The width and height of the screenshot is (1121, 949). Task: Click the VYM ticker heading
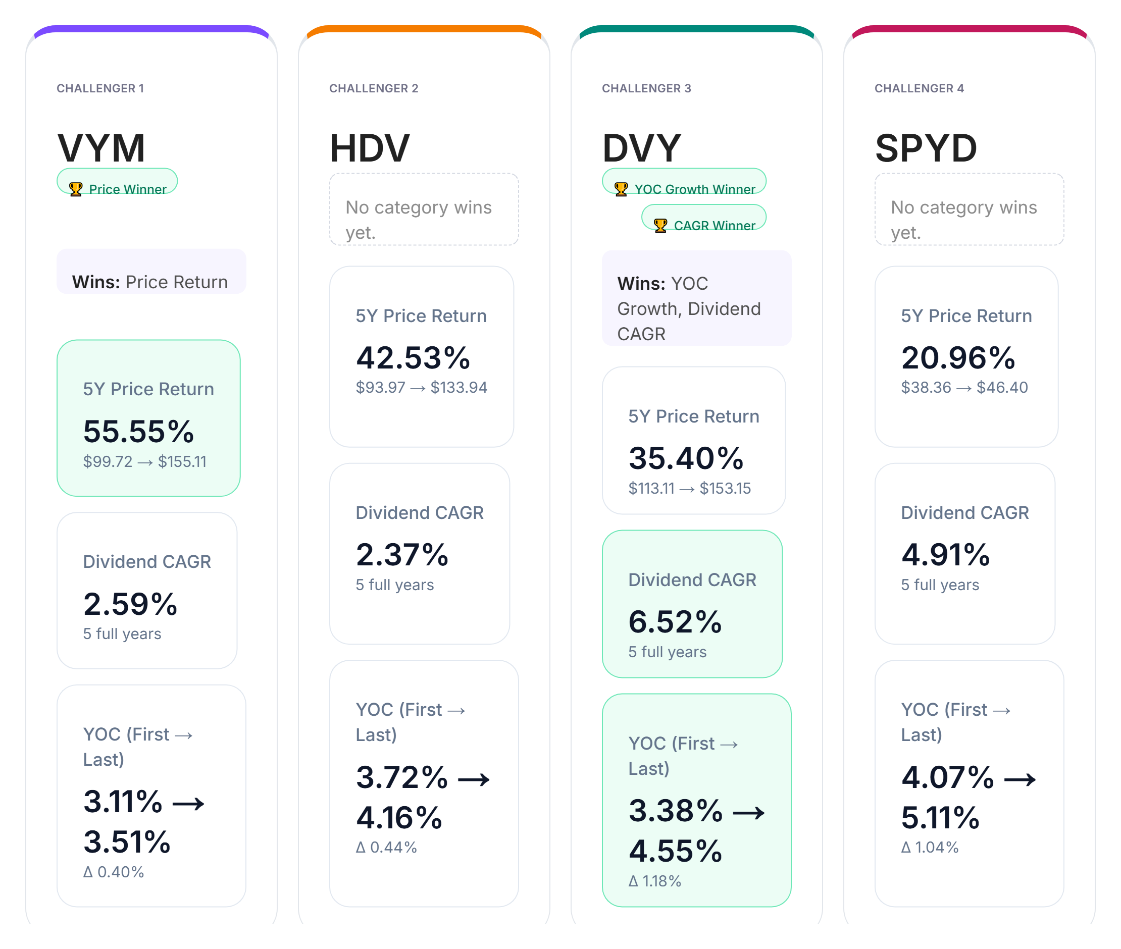[101, 148]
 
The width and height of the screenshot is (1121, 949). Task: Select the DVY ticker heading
[641, 148]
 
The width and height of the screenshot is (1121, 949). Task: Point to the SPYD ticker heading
[926, 148]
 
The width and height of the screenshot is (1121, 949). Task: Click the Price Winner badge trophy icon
[75, 189]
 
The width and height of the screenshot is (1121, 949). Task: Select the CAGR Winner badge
[703, 218]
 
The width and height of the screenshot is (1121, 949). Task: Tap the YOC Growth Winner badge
[684, 181]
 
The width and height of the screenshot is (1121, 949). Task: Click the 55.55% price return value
[138, 432]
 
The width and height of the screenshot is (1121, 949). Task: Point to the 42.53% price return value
[413, 358]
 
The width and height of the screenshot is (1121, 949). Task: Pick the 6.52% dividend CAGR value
[675, 622]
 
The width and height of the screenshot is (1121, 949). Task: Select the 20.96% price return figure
[958, 358]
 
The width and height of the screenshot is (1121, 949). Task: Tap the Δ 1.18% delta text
[655, 881]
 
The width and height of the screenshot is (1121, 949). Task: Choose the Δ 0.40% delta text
[114, 872]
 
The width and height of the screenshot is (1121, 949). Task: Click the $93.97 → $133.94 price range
[421, 387]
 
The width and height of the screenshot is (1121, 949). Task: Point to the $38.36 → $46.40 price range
[964, 387]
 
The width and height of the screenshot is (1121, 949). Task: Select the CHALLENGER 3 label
[646, 88]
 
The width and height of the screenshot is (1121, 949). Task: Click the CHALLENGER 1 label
[100, 88]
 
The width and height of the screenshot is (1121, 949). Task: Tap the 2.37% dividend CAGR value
[402, 555]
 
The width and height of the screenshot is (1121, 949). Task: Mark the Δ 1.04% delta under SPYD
[930, 848]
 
